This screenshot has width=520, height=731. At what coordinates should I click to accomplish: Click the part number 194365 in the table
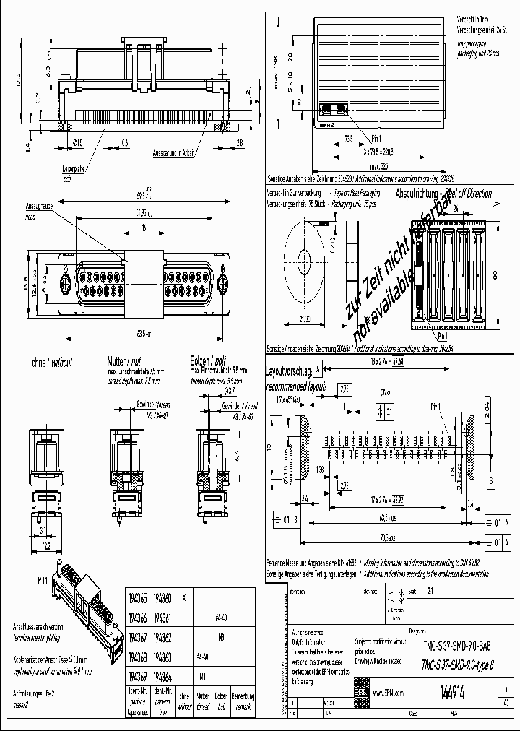click(138, 599)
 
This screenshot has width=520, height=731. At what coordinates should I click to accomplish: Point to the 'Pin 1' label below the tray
click(375, 137)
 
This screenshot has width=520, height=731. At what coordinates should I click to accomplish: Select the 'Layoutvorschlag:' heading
click(289, 371)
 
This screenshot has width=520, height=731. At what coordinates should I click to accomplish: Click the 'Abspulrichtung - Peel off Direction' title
click(443, 194)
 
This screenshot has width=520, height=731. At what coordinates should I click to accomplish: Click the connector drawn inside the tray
click(333, 110)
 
